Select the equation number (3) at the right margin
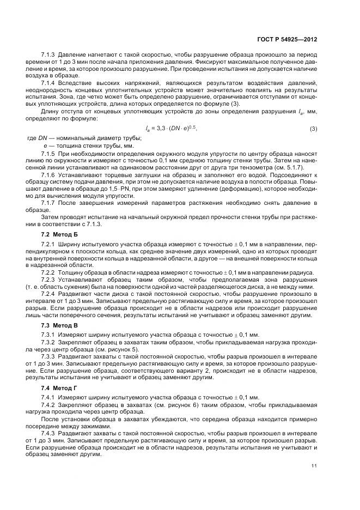313,144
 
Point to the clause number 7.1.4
50,82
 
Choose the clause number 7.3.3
50,356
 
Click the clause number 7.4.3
50,431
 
